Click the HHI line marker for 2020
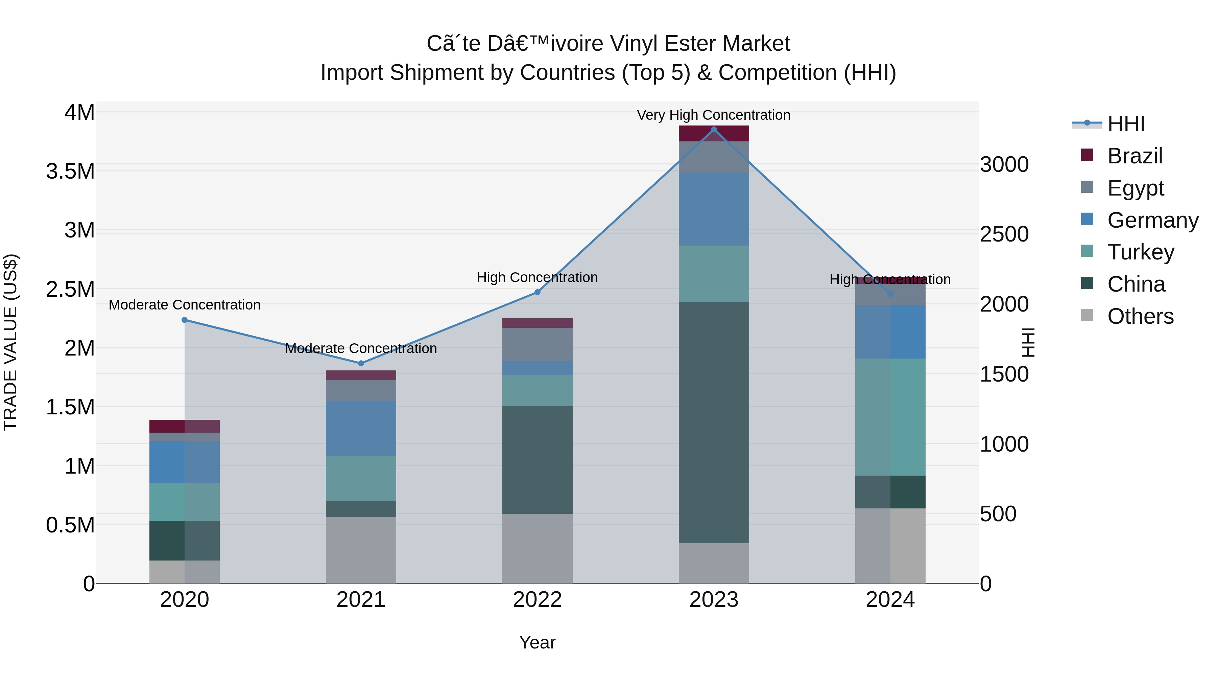click(x=185, y=320)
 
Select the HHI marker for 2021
click(x=361, y=364)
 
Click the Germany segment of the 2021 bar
click(x=361, y=428)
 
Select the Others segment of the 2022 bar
click(x=537, y=548)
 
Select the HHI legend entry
click(x=1125, y=124)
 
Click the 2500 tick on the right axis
click(x=1004, y=234)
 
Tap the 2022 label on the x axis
click(x=537, y=600)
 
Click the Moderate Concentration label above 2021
click(x=361, y=348)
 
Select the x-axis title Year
click(x=537, y=642)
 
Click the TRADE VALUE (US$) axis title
click(x=10, y=342)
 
